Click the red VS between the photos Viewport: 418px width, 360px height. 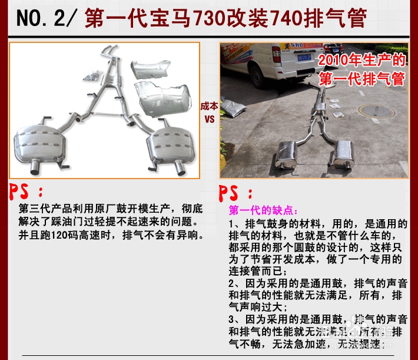click(x=209, y=117)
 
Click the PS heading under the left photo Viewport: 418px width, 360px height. click(x=26, y=191)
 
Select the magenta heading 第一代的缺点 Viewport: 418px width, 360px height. click(x=263, y=210)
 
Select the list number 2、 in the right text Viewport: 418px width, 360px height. click(x=233, y=283)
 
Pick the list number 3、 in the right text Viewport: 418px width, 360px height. click(x=233, y=319)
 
